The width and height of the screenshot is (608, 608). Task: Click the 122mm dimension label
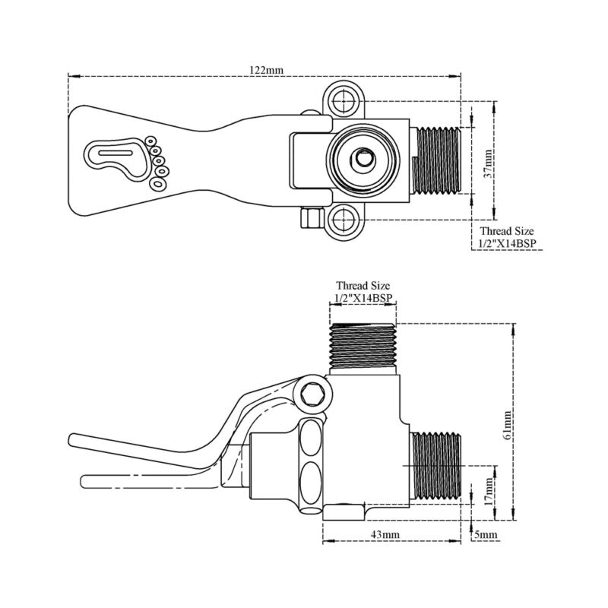point(267,69)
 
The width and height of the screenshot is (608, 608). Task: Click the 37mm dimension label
point(489,161)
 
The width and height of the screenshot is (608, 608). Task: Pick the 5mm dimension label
point(486,535)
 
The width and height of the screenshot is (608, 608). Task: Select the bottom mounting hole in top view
point(343,221)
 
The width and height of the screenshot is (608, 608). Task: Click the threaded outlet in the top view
point(439,160)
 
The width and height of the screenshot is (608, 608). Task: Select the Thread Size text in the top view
point(506,230)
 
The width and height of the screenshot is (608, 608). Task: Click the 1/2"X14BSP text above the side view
point(363,298)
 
